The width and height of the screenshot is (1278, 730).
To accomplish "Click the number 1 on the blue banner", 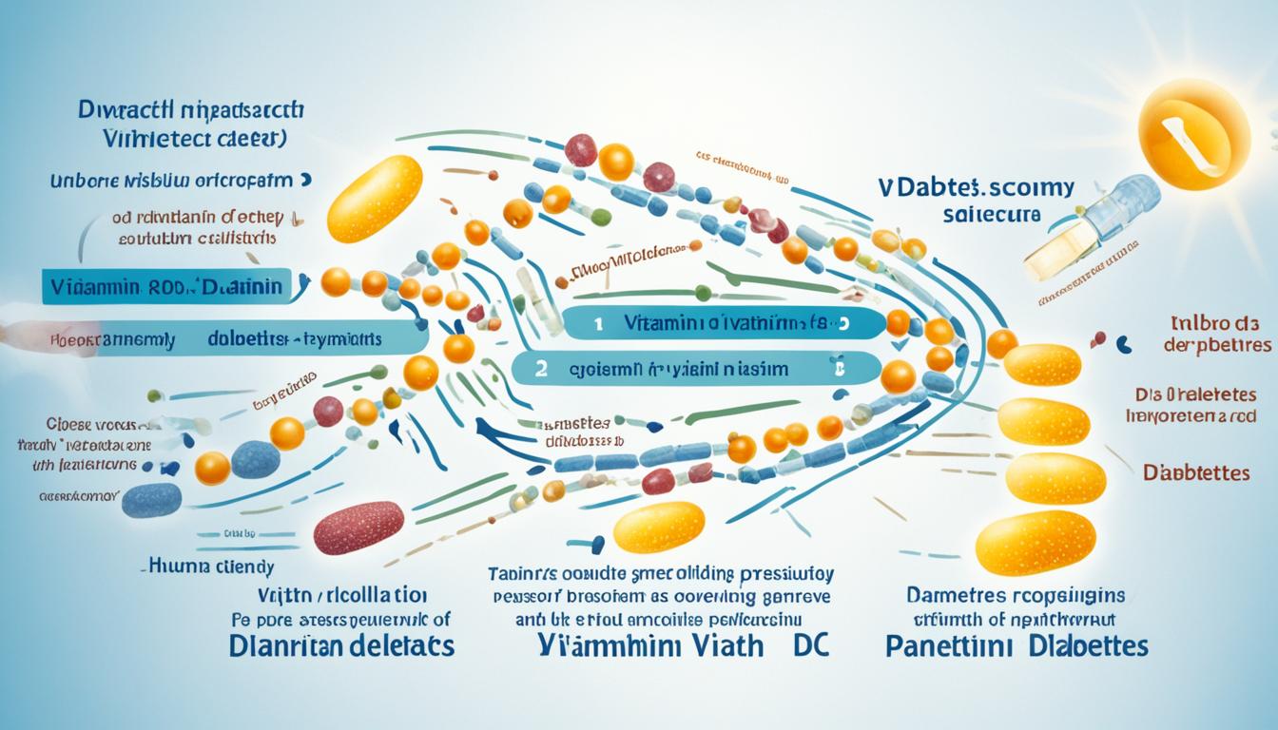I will pyautogui.click(x=598, y=323).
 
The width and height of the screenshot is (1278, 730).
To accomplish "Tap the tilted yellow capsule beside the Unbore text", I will pyautogui.click(x=375, y=199).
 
